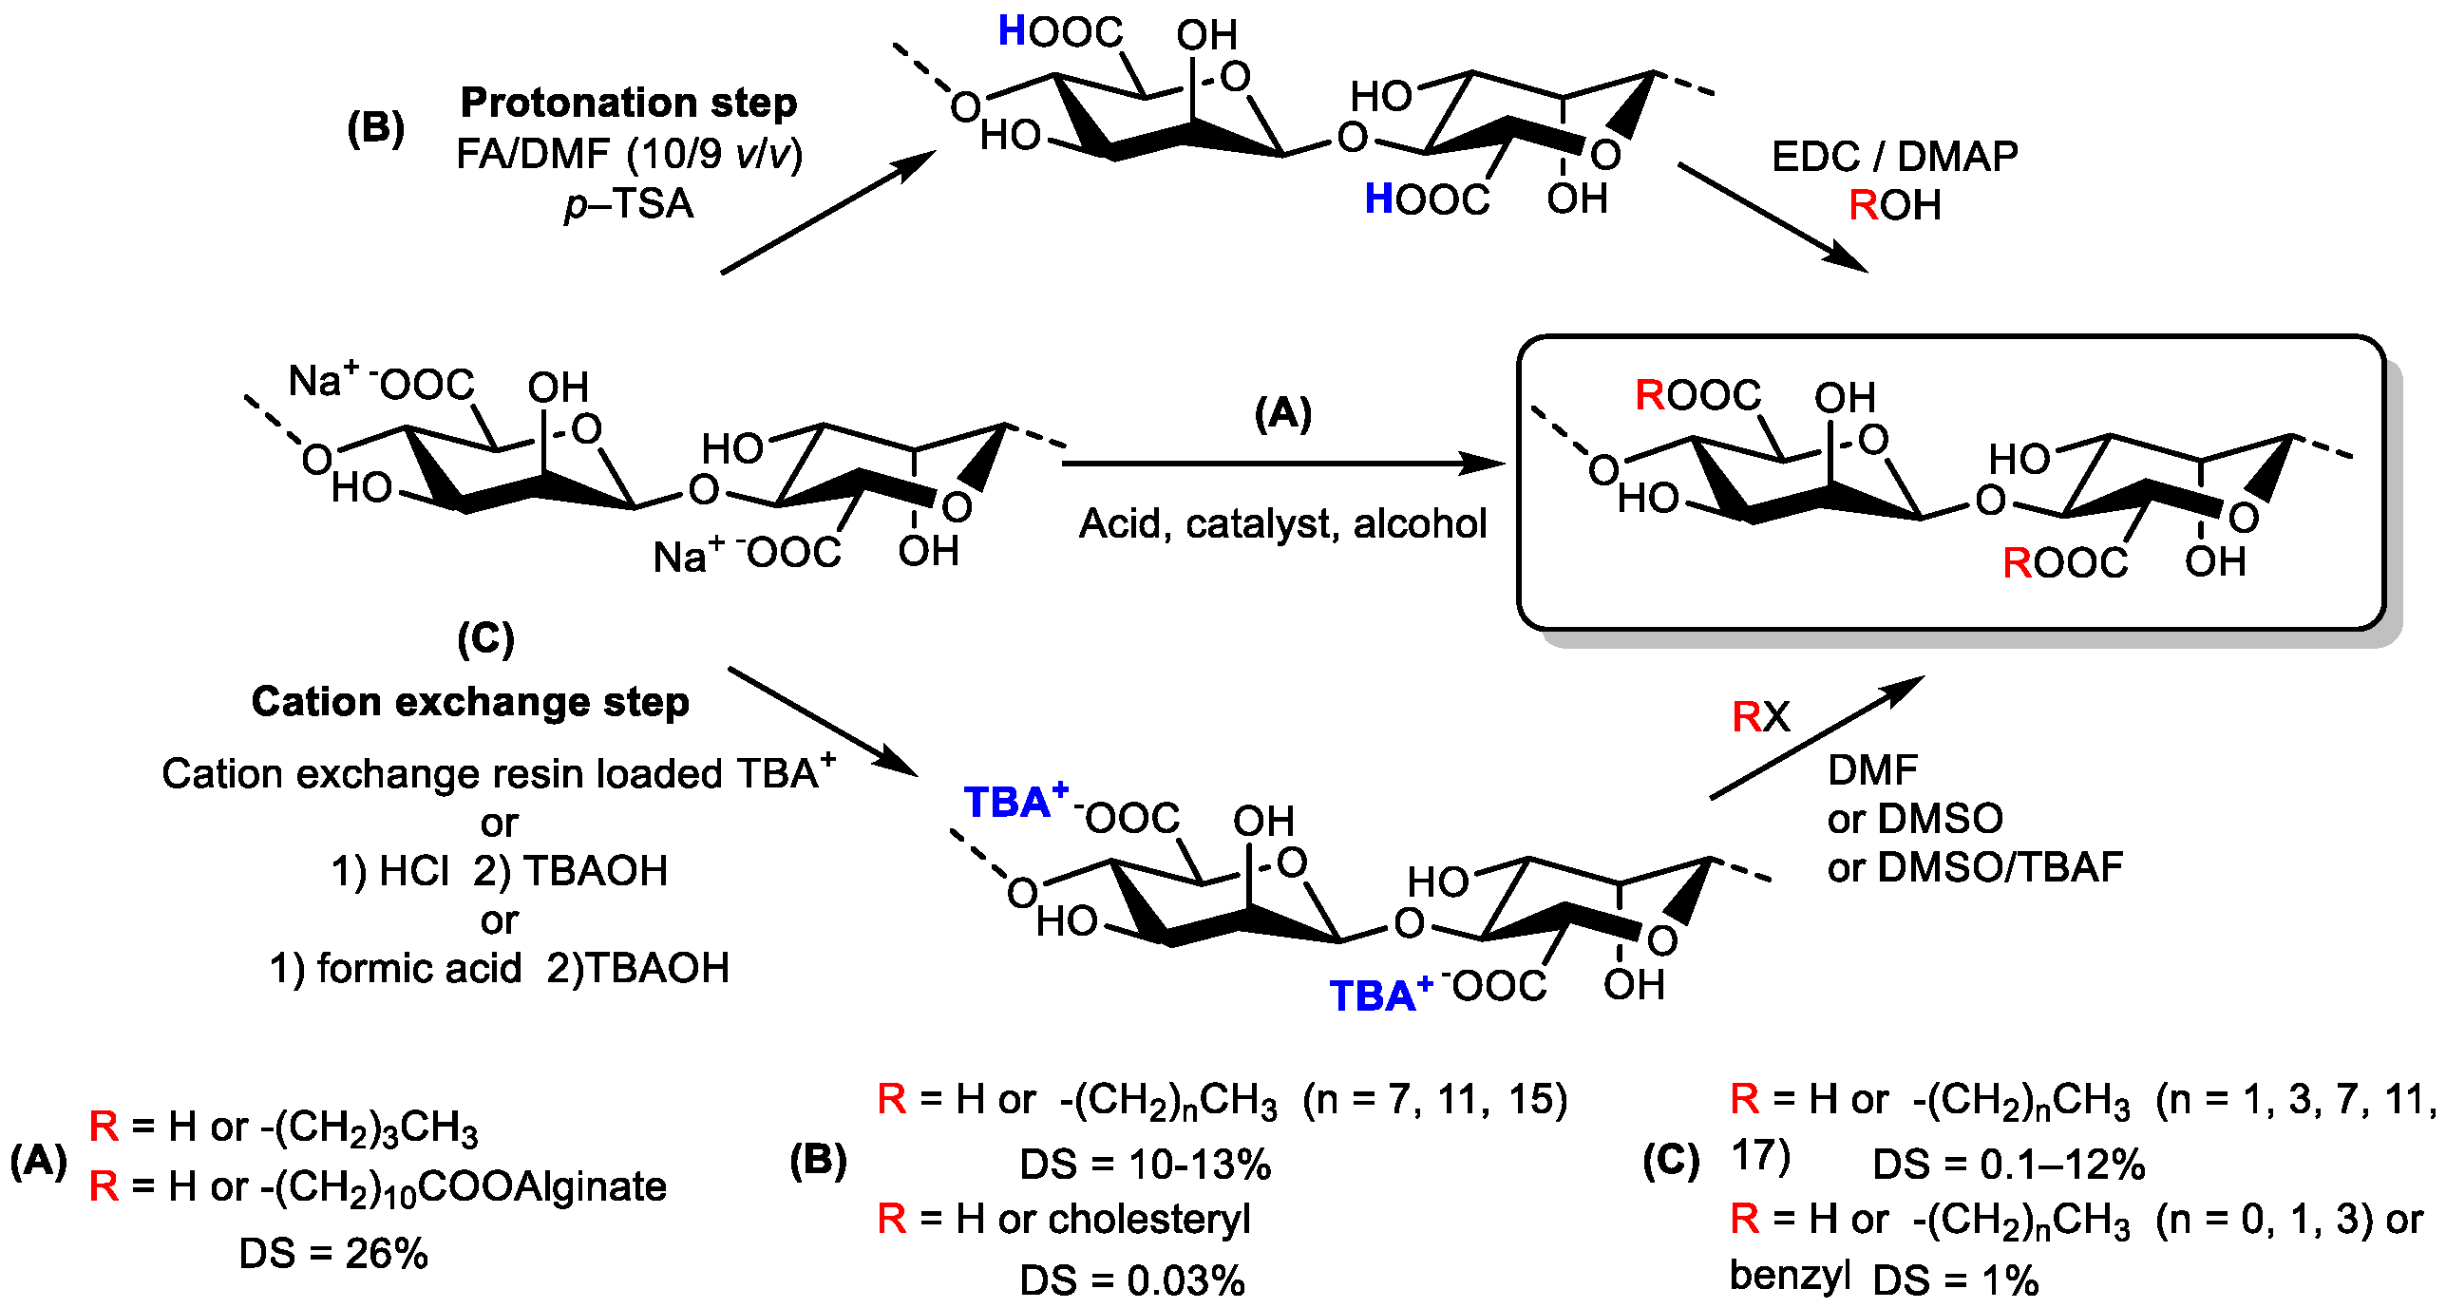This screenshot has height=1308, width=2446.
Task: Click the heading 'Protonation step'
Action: (628, 103)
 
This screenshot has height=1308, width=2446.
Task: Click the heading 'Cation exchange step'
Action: (470, 702)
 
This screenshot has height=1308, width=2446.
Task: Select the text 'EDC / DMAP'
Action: (1894, 157)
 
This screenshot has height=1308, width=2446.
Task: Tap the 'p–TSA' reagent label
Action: (629, 204)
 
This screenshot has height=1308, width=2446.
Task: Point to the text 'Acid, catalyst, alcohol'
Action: (1282, 523)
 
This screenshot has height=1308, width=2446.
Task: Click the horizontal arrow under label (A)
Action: (1282, 464)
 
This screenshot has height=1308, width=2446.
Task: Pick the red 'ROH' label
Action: (1894, 205)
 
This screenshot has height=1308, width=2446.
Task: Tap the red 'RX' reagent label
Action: (1760, 716)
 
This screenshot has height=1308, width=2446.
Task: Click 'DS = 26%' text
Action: (333, 1254)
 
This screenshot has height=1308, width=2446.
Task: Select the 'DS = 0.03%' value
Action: (1132, 1280)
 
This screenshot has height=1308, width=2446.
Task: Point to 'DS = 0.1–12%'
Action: (2008, 1164)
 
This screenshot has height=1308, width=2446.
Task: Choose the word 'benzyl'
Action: (1790, 1275)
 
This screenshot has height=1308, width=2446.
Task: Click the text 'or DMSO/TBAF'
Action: (1975, 867)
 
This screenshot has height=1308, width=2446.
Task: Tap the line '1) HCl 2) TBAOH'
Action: (499, 871)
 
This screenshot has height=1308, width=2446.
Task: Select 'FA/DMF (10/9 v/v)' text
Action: (629, 154)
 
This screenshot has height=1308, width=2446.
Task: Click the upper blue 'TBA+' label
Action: (1014, 801)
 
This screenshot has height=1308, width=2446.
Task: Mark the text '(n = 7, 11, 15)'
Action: (1434, 1099)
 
